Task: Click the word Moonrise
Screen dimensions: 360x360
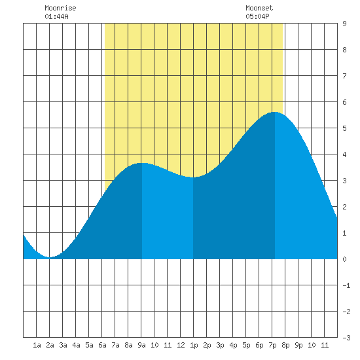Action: point(60,8)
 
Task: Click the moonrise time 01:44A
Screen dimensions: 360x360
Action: point(56,16)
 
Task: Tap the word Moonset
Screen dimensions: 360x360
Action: point(259,8)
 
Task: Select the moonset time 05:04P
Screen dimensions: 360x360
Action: point(257,16)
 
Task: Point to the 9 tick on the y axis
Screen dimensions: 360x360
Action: point(344,24)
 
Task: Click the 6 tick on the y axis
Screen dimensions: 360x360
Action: point(344,102)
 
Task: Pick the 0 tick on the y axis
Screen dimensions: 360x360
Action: point(344,259)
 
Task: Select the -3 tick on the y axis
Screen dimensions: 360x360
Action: point(346,338)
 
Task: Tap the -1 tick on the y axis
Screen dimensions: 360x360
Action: point(346,285)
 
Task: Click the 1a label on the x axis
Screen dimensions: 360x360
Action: point(37,345)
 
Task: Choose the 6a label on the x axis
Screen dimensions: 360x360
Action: point(102,345)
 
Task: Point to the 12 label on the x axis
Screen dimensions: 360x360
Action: point(181,345)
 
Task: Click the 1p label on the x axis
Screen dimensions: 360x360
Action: point(194,345)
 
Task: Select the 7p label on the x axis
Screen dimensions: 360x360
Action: point(272,345)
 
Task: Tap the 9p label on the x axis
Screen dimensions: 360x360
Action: point(298,345)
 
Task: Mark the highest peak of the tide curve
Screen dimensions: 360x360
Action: point(275,112)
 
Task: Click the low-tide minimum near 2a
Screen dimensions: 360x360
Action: point(50,257)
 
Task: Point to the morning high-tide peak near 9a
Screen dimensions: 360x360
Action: point(142,163)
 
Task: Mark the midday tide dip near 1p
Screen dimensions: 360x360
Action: point(193,177)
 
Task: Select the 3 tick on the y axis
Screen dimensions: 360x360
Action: point(344,181)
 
